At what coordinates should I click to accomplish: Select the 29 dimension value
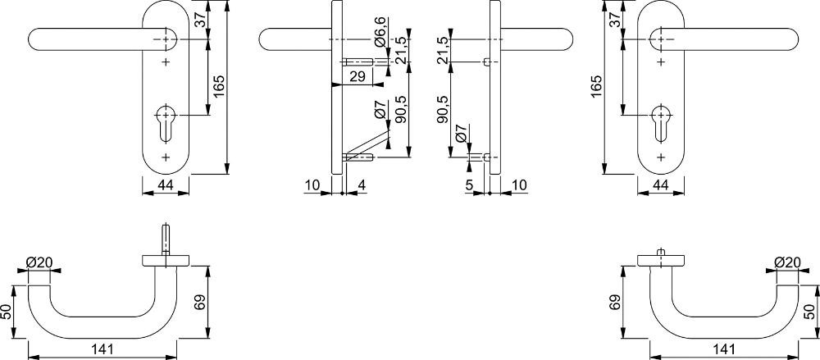coord(358,77)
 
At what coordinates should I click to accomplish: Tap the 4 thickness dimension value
coord(362,185)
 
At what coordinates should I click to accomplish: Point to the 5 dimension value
coord(468,185)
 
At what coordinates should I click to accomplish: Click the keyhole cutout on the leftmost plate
coord(166,124)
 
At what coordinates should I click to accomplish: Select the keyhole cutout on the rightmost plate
coord(661,124)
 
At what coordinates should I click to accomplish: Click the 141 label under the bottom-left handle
coord(102,349)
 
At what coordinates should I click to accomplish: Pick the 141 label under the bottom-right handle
coord(724,349)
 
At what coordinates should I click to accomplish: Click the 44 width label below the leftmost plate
coord(166,185)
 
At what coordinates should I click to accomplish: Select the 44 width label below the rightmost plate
coord(661,185)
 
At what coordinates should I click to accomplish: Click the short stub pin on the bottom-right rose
coord(661,253)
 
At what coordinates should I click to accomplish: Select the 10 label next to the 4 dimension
coord(312,185)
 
